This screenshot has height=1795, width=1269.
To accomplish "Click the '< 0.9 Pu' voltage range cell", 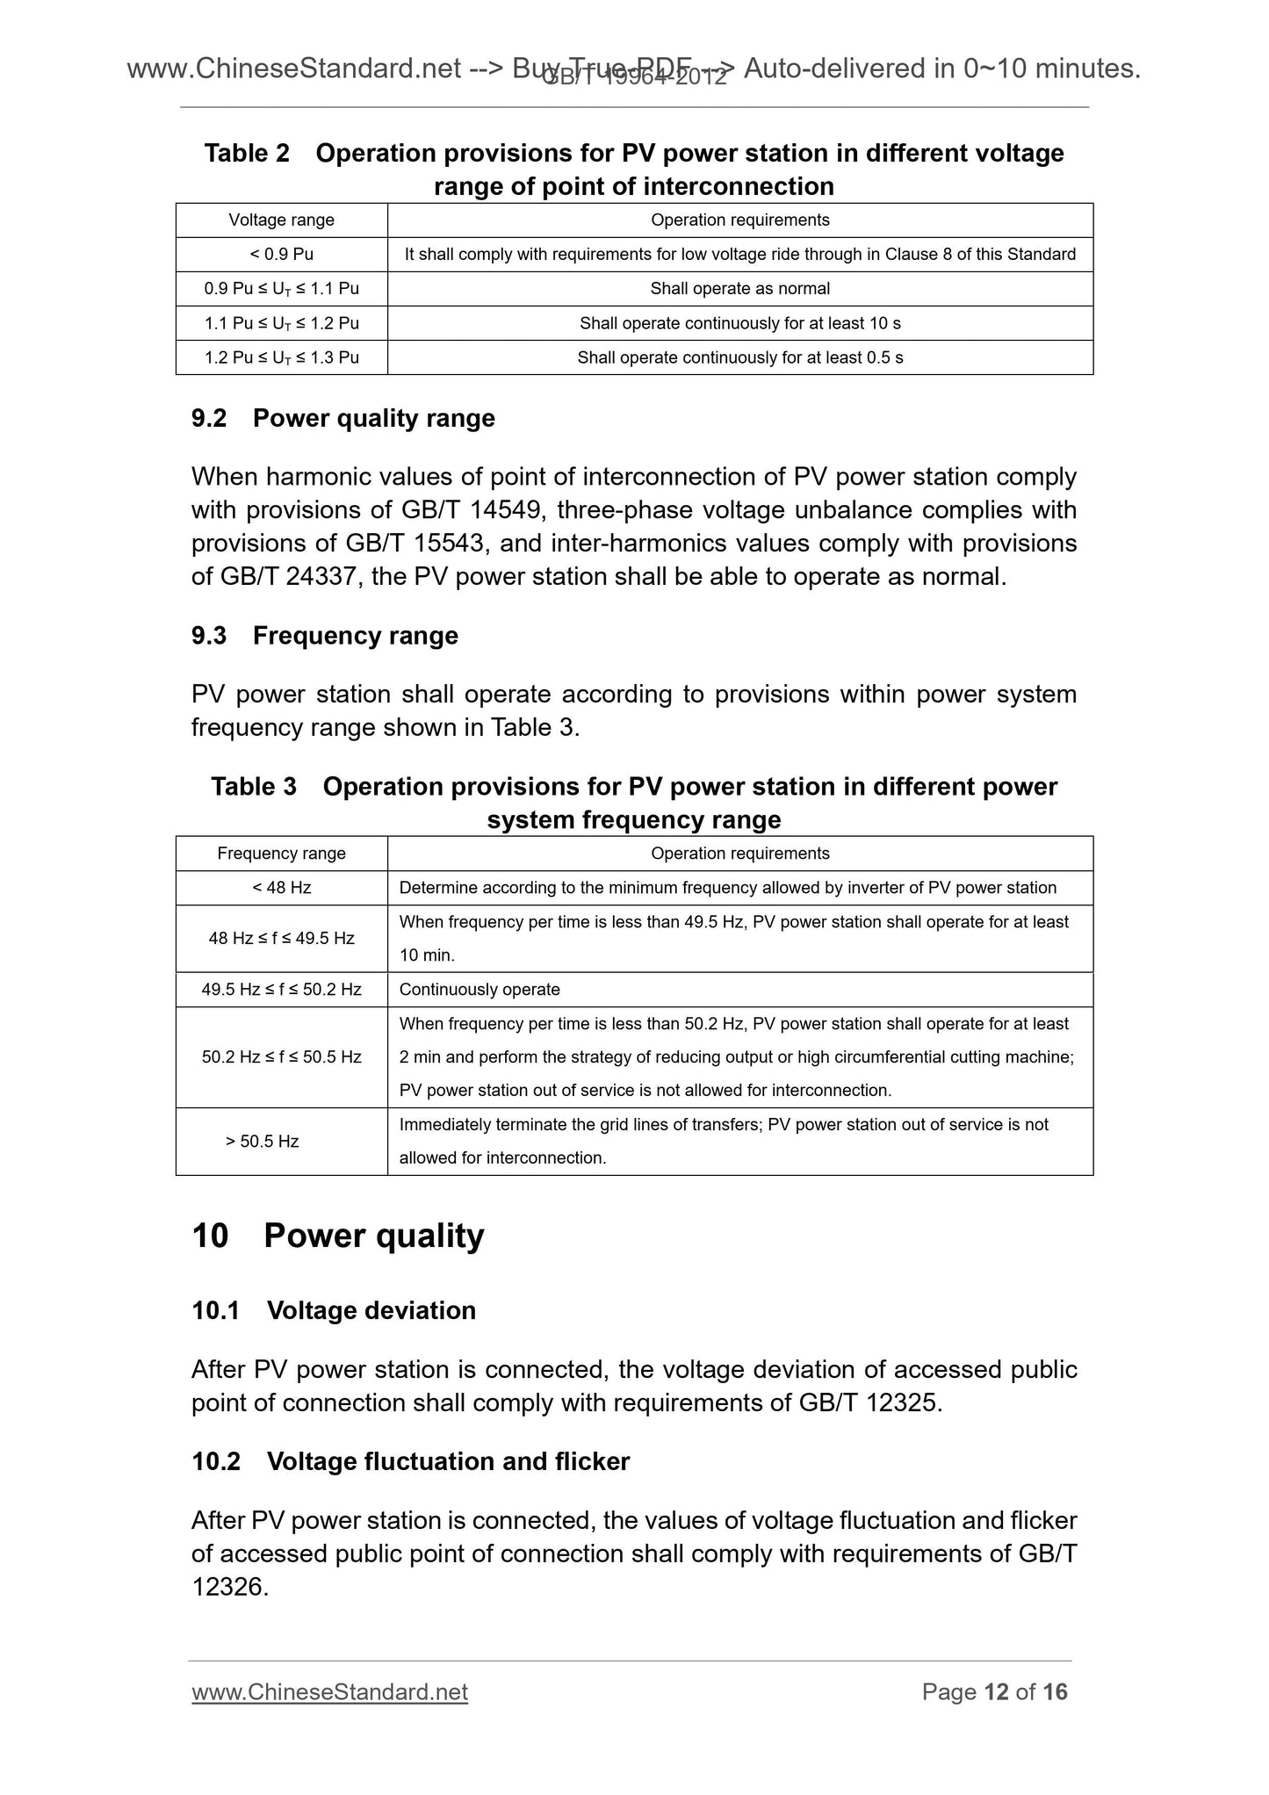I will pos(281,255).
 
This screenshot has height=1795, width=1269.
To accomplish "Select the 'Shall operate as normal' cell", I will pos(739,289).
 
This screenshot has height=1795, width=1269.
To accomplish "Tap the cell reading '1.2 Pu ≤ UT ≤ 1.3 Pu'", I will pos(281,357).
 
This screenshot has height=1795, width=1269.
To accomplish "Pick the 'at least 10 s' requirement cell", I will pos(739,323).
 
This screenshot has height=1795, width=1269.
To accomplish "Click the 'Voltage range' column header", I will pos(281,220).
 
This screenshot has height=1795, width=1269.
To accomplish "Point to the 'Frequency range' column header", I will pos(281,854).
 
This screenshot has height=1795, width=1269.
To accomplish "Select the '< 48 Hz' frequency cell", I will pos(281,888).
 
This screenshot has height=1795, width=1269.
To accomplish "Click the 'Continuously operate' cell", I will pos(479,990).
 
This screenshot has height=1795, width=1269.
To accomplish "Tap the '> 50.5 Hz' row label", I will pos(263,1142).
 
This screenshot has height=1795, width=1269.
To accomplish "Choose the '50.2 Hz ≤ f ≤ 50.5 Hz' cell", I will pos(281,1057).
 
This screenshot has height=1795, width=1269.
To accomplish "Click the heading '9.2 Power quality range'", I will pos(342,418).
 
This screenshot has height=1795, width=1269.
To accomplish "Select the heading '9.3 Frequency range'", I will pos(324,636).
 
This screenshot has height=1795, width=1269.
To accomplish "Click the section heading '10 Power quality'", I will pos(337,1236).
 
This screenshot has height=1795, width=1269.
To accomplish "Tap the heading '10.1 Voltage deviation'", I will pos(334,1310).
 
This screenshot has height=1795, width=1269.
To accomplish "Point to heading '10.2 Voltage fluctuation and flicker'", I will pos(410,1461).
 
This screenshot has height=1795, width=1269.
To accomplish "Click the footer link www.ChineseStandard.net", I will pos(329,1692).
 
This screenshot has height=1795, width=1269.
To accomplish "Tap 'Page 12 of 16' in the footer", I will pos(994,1692).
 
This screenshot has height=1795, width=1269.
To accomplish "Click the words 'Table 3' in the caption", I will pos(253,787).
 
